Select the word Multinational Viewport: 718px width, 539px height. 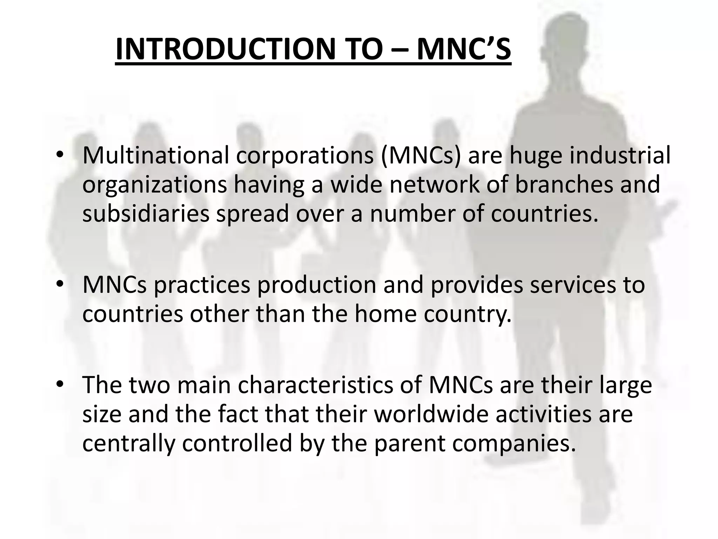click(x=155, y=155)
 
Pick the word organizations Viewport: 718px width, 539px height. click(x=154, y=185)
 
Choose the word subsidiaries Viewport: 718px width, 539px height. click(x=145, y=214)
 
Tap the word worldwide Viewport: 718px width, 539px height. click(x=431, y=414)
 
